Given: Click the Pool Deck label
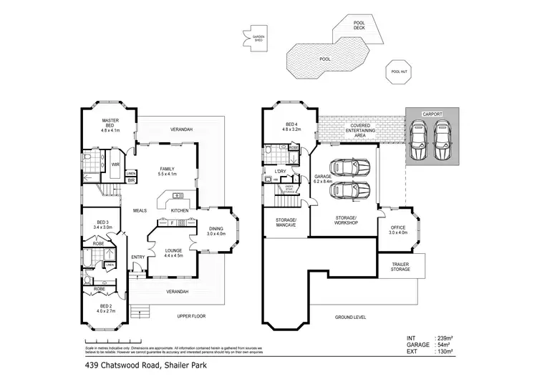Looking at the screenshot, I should (x=360, y=25).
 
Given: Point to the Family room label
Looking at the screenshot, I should (x=167, y=171).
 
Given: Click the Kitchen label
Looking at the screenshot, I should (x=180, y=210).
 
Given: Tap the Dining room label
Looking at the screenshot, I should (x=216, y=230).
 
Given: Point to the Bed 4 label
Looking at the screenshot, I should (x=289, y=127).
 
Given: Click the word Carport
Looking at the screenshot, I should (x=432, y=114).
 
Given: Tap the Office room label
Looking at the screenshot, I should (x=397, y=229).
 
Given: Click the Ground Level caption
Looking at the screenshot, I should (x=351, y=315).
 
